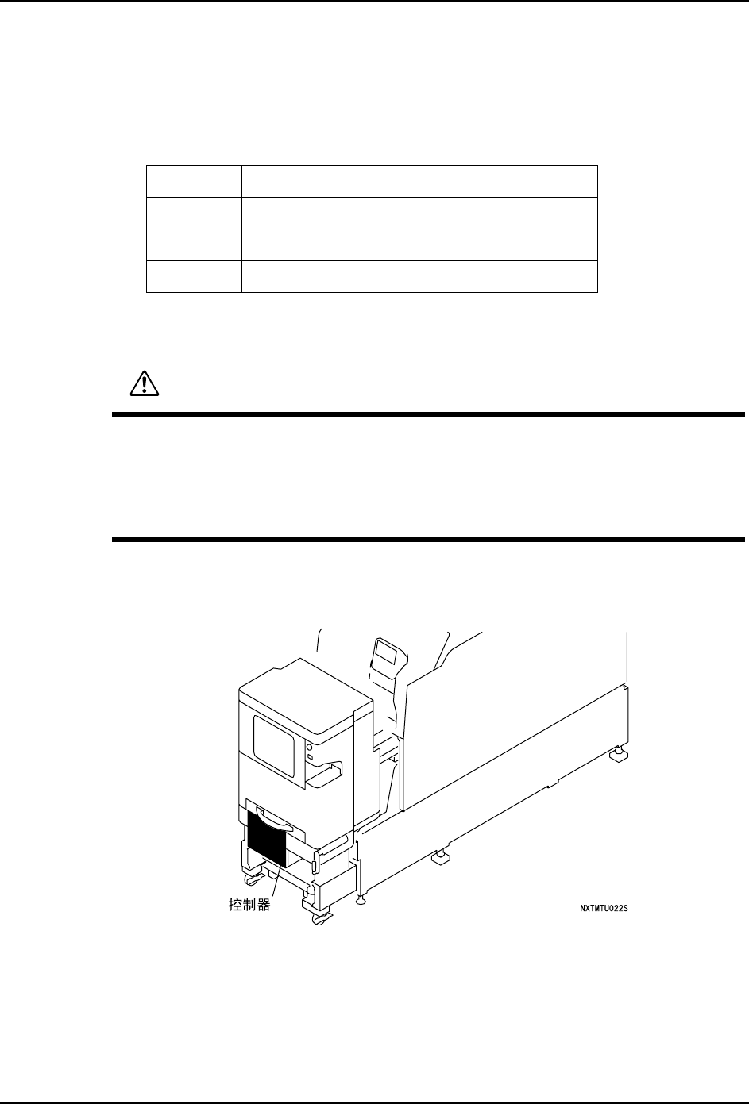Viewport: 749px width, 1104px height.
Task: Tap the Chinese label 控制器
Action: pos(244,904)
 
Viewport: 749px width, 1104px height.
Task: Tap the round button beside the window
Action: pos(308,747)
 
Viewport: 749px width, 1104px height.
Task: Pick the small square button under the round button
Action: pos(308,758)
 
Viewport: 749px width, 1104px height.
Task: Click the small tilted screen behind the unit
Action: pos(387,655)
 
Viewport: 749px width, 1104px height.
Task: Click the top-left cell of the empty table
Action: pos(194,181)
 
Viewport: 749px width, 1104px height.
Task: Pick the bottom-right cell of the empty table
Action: pos(419,276)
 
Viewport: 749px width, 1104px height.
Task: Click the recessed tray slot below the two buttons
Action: pos(324,774)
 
